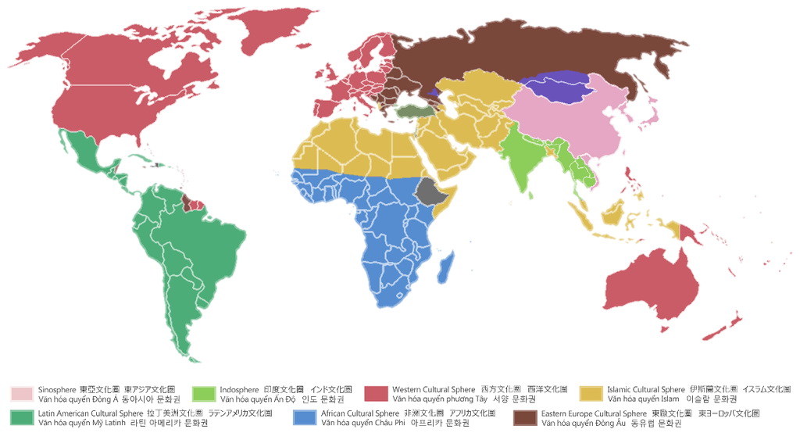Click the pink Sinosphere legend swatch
(x=22, y=393)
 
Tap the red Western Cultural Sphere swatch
(x=377, y=393)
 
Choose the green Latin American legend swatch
(x=22, y=417)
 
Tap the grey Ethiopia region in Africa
(x=429, y=190)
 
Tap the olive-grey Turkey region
(x=413, y=112)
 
